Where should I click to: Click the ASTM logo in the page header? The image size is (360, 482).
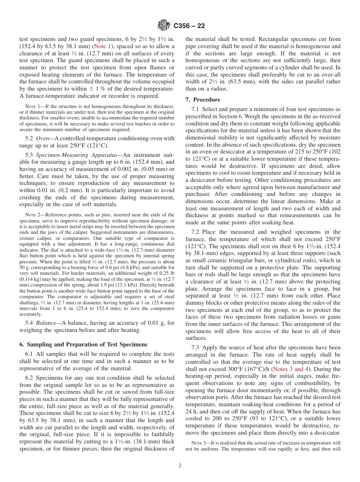point(164,25)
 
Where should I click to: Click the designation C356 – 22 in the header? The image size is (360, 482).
point(189,26)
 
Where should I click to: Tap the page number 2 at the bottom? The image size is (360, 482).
point(180,466)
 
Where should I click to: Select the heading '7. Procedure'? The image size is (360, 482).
point(203,100)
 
